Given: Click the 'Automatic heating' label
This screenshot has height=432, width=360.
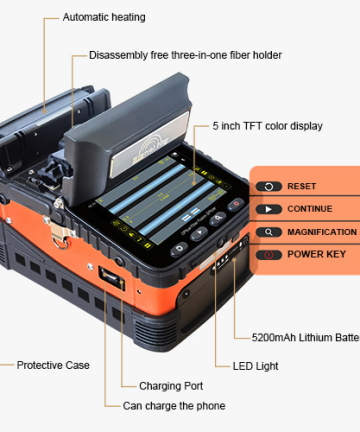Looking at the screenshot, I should (104, 17).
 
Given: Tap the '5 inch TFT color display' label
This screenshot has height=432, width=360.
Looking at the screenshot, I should (266, 127).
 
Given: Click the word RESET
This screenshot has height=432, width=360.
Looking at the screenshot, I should (301, 186).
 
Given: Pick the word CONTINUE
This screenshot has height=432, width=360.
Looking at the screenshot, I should (309, 209).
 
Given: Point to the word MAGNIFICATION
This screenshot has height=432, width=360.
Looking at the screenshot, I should (322, 232).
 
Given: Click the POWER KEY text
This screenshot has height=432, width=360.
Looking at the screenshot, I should (316, 255).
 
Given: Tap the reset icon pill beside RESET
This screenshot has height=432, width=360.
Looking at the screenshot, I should (269, 186).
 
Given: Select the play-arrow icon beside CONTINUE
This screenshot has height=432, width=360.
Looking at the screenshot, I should (269, 209).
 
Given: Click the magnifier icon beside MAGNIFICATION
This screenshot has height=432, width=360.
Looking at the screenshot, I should (269, 232).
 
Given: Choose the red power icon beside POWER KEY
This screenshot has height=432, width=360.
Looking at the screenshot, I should (269, 255).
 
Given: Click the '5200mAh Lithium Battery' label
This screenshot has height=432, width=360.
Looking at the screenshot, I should (300, 338).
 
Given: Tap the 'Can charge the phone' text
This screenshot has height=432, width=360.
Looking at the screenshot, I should (174, 406).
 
